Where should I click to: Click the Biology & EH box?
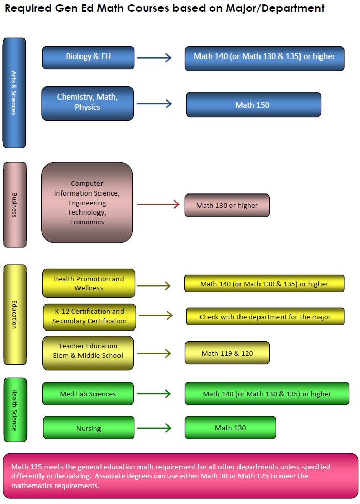(88, 57)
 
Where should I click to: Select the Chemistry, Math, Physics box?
(88, 103)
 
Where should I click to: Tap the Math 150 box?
(253, 105)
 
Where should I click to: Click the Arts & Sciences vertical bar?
(14, 93)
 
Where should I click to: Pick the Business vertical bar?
(14, 205)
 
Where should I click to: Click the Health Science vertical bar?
(14, 410)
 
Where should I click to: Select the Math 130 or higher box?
(227, 205)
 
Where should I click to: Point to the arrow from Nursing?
(154, 428)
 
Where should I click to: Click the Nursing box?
(89, 428)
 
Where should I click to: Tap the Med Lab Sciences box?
(88, 394)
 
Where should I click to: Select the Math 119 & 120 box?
(227, 353)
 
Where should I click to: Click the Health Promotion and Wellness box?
(89, 283)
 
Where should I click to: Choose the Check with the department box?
(265, 317)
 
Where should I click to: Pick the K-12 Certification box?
(90, 317)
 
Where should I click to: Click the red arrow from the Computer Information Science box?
(158, 205)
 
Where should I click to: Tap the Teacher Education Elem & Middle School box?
(88, 351)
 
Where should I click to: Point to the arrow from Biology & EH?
(154, 57)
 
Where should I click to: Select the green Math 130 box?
(230, 428)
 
